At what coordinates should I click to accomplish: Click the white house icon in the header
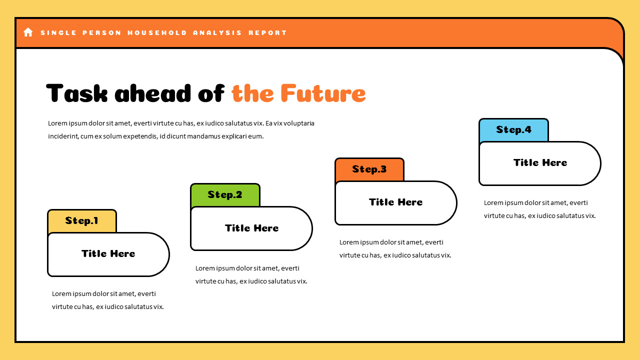pyautogui.click(x=28, y=32)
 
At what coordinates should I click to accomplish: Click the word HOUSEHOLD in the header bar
pyautogui.click(x=157, y=33)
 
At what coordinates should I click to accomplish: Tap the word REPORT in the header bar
pyautogui.click(x=267, y=33)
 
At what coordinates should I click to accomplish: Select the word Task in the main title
pyautogui.click(x=76, y=93)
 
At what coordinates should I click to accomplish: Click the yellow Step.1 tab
pyautogui.click(x=82, y=220)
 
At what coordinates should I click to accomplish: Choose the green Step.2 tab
pyautogui.click(x=225, y=194)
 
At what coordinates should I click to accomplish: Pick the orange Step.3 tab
pyautogui.click(x=369, y=169)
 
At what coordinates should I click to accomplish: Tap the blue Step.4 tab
pyautogui.click(x=513, y=129)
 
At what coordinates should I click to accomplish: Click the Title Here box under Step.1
pyautogui.click(x=108, y=254)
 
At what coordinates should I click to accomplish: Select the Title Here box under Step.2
pyautogui.click(x=251, y=228)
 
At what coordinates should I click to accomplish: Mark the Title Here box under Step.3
pyautogui.click(x=395, y=202)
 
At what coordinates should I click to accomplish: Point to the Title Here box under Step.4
pyautogui.click(x=540, y=163)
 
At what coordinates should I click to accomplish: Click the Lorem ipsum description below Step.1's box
pyautogui.click(x=108, y=300)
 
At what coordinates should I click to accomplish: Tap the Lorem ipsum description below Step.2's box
pyautogui.click(x=251, y=274)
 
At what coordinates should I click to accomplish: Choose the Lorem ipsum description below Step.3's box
pyautogui.click(x=395, y=248)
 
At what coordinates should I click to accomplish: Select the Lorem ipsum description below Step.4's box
pyautogui.click(x=539, y=209)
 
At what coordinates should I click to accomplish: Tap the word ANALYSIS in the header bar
pyautogui.click(x=217, y=33)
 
